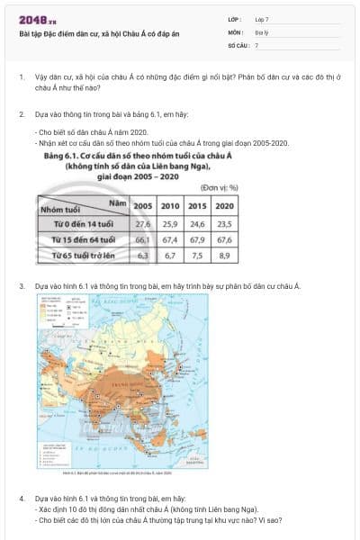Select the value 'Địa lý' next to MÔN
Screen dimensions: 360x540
[261, 31]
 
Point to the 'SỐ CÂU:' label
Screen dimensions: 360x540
[237, 44]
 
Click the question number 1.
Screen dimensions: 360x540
[21, 78]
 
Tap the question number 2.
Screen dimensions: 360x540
[21, 115]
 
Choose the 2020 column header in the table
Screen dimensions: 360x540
[225, 206]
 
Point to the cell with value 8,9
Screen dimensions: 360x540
[225, 256]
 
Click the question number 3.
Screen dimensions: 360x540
[21, 286]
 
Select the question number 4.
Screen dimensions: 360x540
[21, 497]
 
